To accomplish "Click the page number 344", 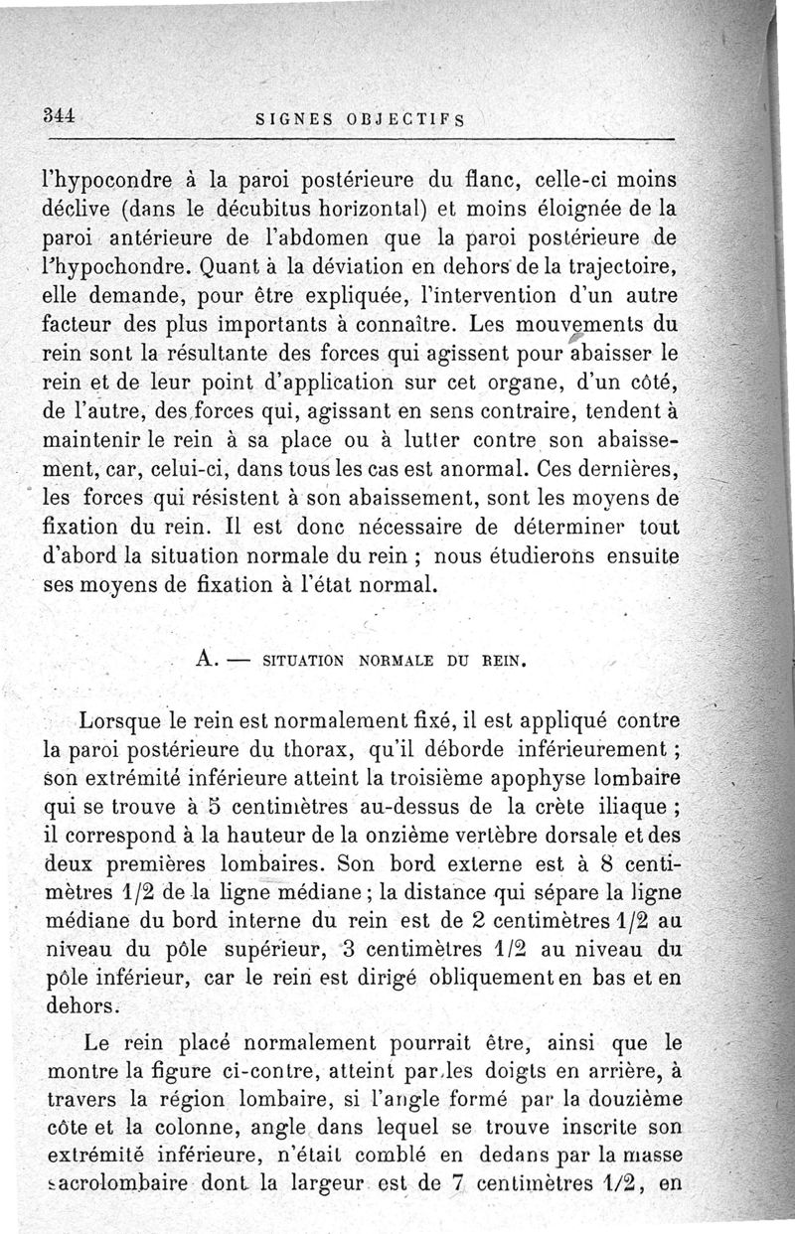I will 59,113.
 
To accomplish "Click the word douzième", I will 628,1101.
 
